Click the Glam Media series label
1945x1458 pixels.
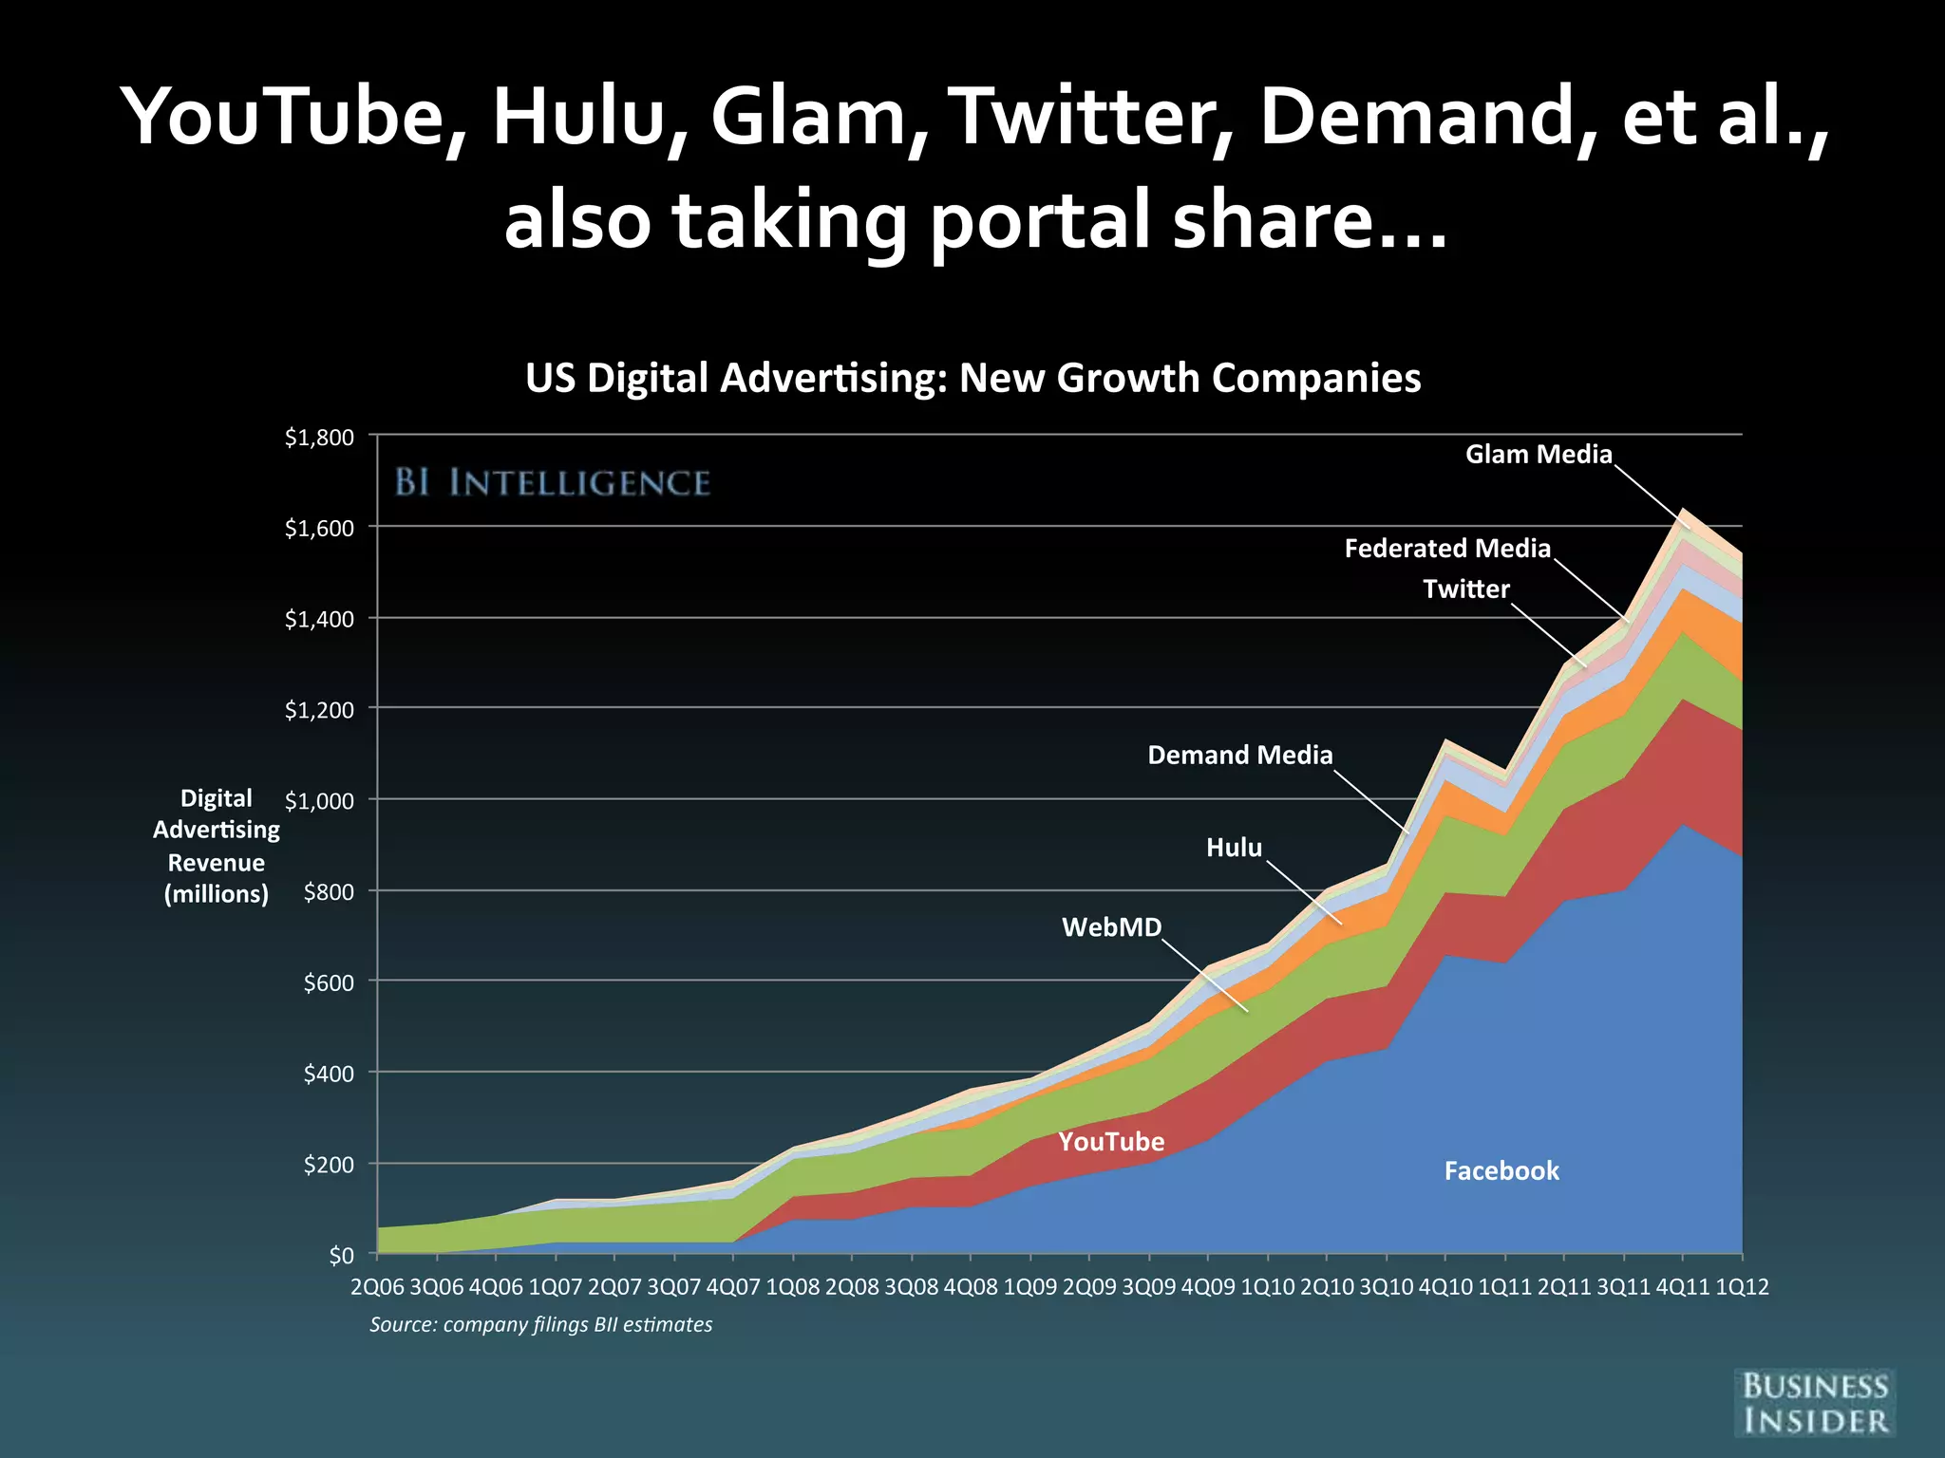point(1538,455)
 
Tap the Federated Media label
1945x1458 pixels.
point(1446,549)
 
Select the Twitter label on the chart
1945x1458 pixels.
point(1465,589)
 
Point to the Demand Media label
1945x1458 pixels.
point(1239,756)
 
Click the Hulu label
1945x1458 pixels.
point(1234,848)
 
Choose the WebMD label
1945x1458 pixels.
point(1111,927)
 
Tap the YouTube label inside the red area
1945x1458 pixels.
point(1111,1142)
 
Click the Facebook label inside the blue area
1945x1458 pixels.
point(1501,1171)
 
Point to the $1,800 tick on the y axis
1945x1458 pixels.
point(319,438)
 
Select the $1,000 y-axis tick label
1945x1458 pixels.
point(319,801)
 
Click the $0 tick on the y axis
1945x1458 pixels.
point(340,1256)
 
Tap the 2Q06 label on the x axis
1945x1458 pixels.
point(378,1288)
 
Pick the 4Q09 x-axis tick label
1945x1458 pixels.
point(1208,1288)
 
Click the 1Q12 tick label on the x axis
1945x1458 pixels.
point(1742,1288)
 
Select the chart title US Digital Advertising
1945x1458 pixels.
point(972,378)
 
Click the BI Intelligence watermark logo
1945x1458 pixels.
point(552,483)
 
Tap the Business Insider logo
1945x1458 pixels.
point(1814,1403)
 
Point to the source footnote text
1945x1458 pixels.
point(540,1325)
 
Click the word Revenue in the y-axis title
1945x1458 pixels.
point(217,863)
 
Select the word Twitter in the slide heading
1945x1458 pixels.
point(1092,118)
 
